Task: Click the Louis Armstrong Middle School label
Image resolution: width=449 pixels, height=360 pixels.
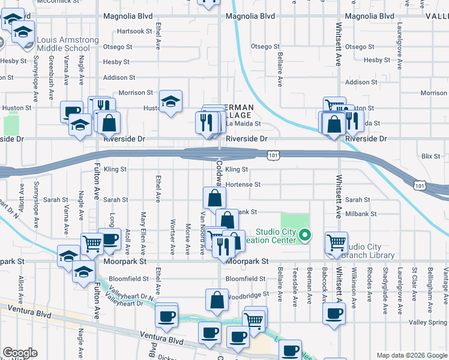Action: pos(67,44)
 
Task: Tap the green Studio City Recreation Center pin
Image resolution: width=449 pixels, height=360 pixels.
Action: pos(305,235)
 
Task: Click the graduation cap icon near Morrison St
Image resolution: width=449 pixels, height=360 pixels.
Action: pos(170,100)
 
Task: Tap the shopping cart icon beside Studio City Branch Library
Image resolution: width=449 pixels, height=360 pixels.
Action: pos(336,242)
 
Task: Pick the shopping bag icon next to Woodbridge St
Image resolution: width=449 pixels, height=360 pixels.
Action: pos(217,300)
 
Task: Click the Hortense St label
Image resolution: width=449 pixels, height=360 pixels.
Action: pos(243,185)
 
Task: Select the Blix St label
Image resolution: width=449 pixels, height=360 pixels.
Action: pos(430,156)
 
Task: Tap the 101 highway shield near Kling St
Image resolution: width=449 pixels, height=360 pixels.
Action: pos(274,156)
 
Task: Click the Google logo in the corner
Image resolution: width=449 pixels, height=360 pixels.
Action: pos(20,353)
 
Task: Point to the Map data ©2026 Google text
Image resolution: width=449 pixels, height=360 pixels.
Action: pos(412,355)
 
